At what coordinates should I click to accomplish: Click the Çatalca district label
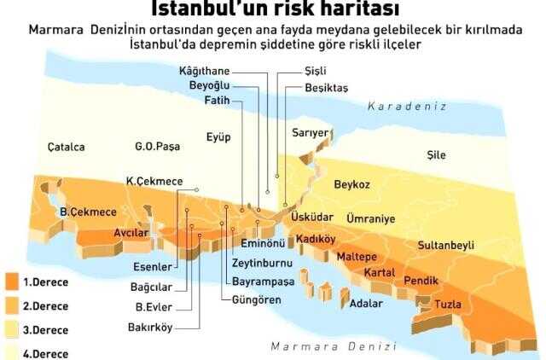point(66,147)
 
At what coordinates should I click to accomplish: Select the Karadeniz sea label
point(407,107)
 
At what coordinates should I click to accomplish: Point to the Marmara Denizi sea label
point(333,346)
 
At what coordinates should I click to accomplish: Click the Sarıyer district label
point(310,133)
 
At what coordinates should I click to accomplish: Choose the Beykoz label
point(351,184)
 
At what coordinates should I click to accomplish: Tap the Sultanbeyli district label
point(445,245)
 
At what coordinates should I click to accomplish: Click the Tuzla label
point(448,304)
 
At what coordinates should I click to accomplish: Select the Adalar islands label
point(368,303)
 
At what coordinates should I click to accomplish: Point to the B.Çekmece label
point(76,212)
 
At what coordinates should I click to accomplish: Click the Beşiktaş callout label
point(327,87)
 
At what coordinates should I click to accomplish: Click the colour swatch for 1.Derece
point(11,281)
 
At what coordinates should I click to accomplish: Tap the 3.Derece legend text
point(45,329)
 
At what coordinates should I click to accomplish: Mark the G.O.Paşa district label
point(157,147)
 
